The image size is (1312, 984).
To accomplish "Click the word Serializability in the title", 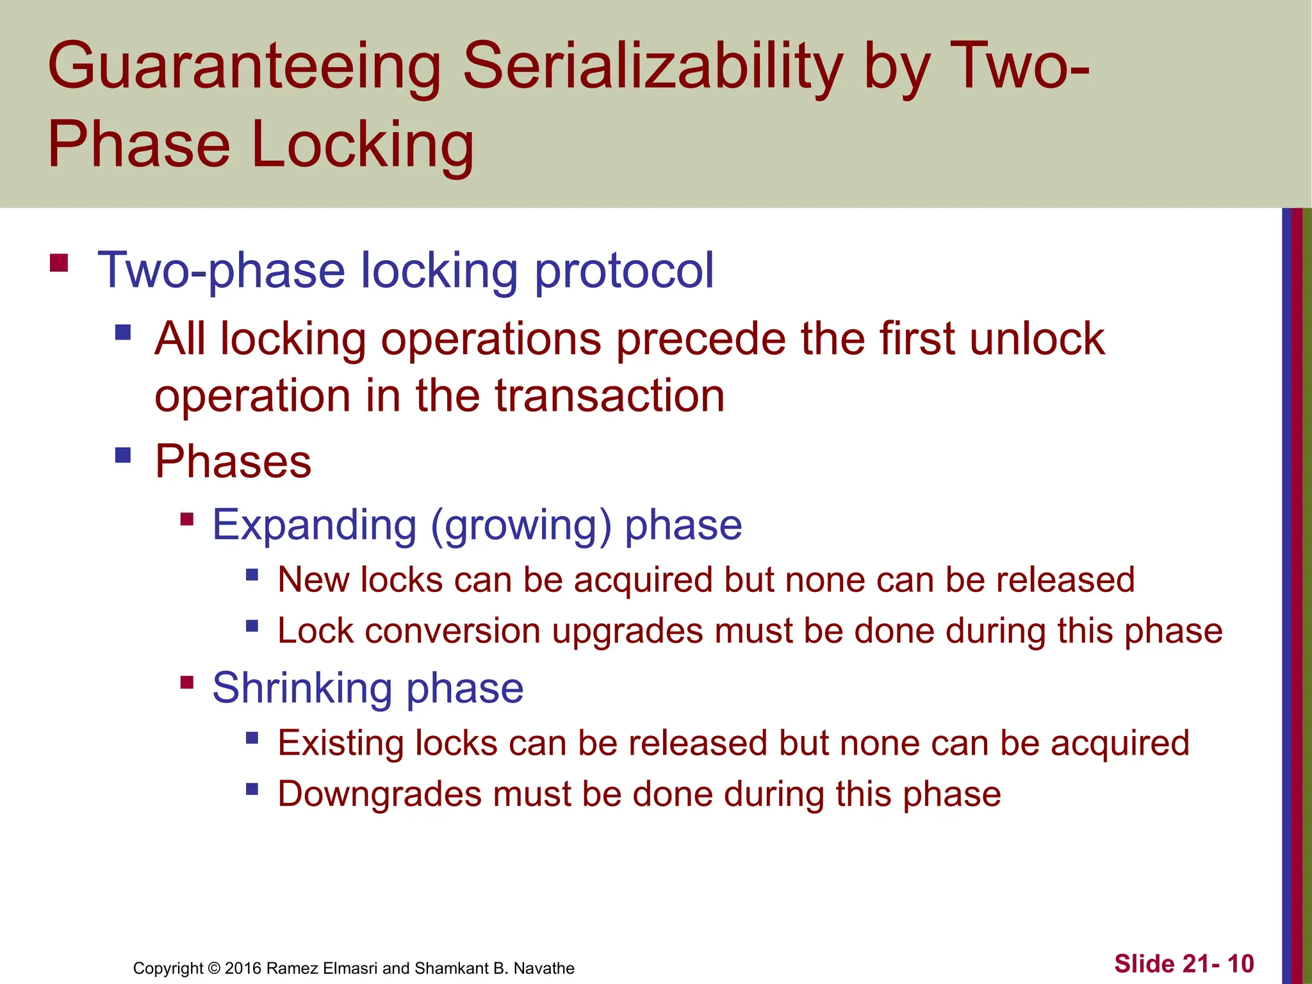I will (x=652, y=66).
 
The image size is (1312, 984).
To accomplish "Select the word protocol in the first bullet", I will (x=624, y=271).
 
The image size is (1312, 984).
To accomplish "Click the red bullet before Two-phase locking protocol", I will (x=59, y=263).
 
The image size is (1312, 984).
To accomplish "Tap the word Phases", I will (x=233, y=461).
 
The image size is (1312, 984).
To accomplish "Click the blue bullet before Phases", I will (x=123, y=455).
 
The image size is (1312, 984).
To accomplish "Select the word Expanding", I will (x=315, y=525).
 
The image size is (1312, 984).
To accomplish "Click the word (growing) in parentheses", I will (x=521, y=526).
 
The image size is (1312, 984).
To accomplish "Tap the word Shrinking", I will (x=302, y=689).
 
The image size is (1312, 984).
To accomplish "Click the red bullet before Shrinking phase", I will (x=187, y=682).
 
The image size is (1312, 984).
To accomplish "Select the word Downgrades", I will (x=379, y=794).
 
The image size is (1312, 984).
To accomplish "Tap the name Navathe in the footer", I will (x=544, y=968).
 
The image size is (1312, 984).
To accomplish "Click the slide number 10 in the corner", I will (x=1240, y=963).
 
